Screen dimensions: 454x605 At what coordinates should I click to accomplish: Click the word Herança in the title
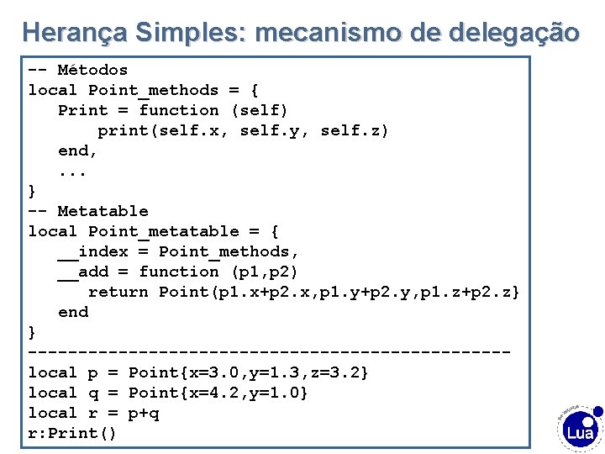(x=73, y=33)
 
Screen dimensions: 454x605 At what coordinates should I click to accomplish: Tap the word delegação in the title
(x=514, y=33)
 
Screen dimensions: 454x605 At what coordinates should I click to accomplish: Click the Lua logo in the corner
(x=580, y=429)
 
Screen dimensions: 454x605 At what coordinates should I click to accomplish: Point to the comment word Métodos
(x=92, y=70)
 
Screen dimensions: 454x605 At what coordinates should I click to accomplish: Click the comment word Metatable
(x=103, y=211)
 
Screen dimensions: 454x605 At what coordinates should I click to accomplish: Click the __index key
(x=92, y=251)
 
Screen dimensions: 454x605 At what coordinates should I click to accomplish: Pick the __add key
(x=82, y=272)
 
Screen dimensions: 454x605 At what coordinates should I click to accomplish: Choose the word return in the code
(x=118, y=292)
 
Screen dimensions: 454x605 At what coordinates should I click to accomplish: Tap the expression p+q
(x=143, y=413)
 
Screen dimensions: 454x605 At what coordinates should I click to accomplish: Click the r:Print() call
(x=72, y=433)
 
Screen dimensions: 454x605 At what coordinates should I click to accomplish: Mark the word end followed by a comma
(x=77, y=150)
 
